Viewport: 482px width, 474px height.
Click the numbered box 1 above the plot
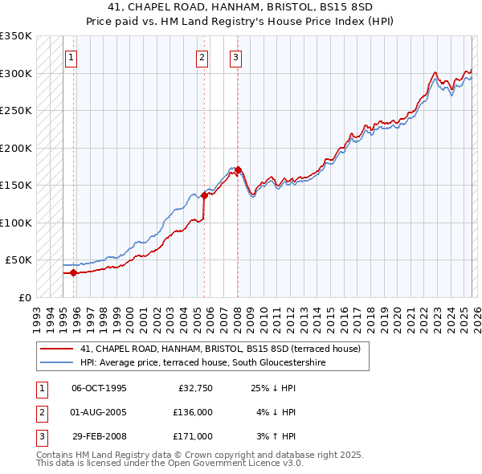71,57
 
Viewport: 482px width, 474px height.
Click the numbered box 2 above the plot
201,57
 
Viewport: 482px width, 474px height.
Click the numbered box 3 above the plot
235,57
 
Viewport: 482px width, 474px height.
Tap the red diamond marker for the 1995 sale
74,272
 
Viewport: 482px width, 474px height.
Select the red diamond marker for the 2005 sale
204,195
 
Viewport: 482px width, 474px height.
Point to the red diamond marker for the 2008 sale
239,170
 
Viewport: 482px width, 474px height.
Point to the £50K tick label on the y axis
18,260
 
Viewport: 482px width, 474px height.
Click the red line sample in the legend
57,349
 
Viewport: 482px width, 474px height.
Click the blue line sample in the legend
57,362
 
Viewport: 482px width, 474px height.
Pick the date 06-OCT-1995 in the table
99,388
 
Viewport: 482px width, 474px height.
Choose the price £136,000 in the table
193,412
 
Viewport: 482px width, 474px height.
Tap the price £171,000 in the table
193,436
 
